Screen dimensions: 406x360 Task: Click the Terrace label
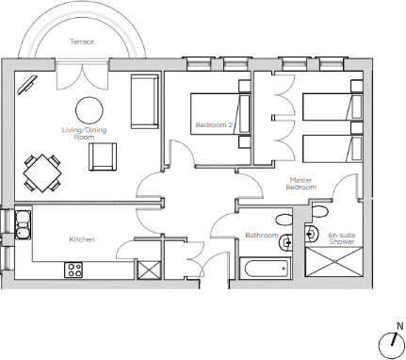pos(82,41)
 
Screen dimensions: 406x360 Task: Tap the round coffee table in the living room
pos(89,110)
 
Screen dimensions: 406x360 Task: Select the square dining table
pos(42,173)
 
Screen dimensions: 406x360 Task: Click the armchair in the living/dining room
pos(103,156)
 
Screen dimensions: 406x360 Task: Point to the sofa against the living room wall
pos(144,102)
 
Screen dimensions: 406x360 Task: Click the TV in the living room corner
pos(27,85)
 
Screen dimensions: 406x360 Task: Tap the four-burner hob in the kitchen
pos(73,270)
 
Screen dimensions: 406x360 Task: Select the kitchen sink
pos(23,224)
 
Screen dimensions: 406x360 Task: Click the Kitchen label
pos(82,239)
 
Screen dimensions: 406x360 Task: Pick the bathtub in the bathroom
pos(266,268)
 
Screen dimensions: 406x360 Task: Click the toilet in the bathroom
pos(284,220)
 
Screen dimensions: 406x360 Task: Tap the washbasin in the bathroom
pos(285,242)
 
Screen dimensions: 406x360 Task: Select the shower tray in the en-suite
pos(334,262)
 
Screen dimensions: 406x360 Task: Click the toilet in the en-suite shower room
pos(320,211)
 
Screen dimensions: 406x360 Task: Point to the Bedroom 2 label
pos(214,125)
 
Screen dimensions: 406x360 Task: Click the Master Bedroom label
pos(301,184)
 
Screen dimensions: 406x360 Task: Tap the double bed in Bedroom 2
pos(220,114)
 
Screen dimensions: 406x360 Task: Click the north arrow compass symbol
pos(392,343)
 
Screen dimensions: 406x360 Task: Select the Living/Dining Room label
pos(84,133)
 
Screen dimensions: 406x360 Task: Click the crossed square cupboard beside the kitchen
pos(149,270)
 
